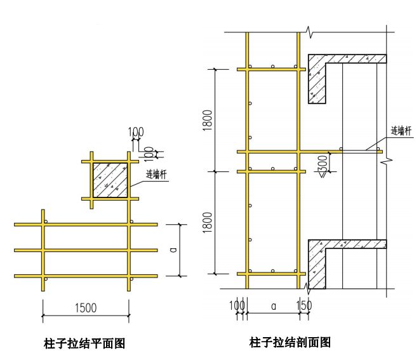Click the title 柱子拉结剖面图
coord(290,342)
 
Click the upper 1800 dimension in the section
coord(208,121)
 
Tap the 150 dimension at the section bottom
coord(304,306)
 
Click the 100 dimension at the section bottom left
coord(237,306)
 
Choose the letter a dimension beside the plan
coord(173,250)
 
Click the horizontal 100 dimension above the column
coord(135,133)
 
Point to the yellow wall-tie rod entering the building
coord(356,151)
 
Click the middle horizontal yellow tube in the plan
coord(86,250)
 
